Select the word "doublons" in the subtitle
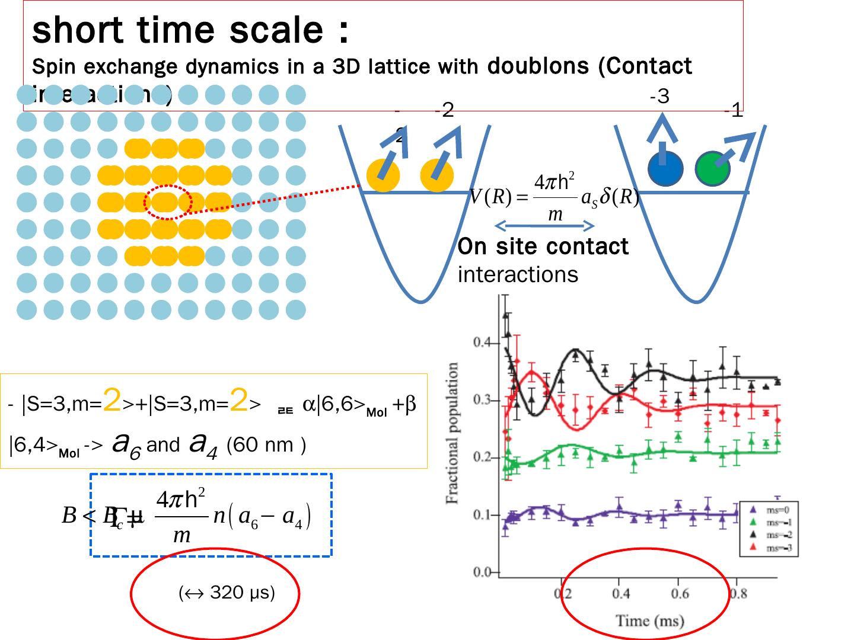538,66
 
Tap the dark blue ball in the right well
665,169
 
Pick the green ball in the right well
712,169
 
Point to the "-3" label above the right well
659,96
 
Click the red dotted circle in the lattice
168,202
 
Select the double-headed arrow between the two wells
544,225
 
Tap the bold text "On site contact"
543,247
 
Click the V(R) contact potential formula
553,197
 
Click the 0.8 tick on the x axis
738,593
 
